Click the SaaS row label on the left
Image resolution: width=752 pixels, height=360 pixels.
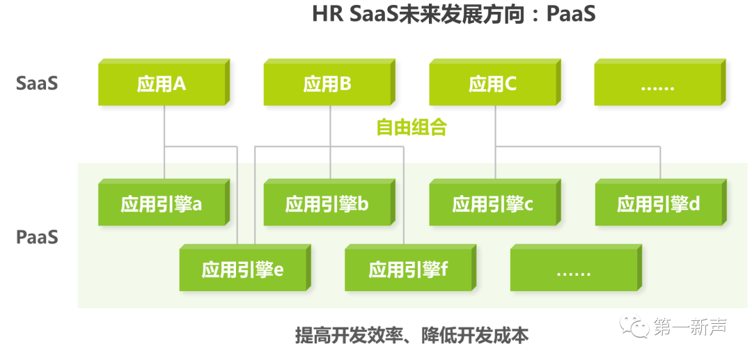point(37,83)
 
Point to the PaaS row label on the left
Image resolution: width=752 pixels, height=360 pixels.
point(37,237)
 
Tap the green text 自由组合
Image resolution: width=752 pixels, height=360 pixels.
point(412,127)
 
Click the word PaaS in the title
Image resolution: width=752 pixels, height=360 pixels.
point(571,14)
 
